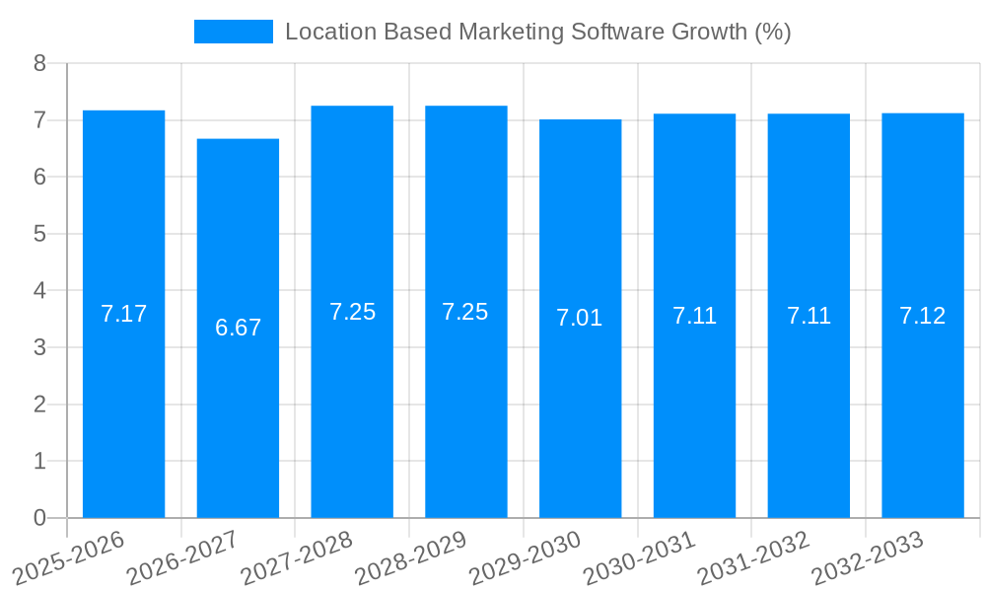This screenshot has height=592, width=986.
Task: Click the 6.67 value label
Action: [238, 328]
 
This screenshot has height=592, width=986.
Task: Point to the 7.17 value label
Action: [123, 314]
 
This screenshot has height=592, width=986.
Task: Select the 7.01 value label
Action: [580, 318]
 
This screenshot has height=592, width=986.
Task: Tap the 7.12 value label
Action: [922, 316]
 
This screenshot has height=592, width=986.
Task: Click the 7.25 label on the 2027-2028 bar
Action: [352, 312]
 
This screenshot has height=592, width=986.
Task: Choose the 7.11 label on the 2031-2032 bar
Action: [809, 316]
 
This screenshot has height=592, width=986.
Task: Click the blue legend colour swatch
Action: [233, 32]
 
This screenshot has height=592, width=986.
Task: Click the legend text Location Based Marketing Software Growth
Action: [537, 32]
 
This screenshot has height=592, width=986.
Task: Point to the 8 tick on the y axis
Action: [39, 63]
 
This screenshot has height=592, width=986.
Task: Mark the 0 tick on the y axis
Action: [39, 518]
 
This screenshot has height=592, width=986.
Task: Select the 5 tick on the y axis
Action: [39, 234]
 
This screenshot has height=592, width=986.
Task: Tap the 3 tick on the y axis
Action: [39, 347]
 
